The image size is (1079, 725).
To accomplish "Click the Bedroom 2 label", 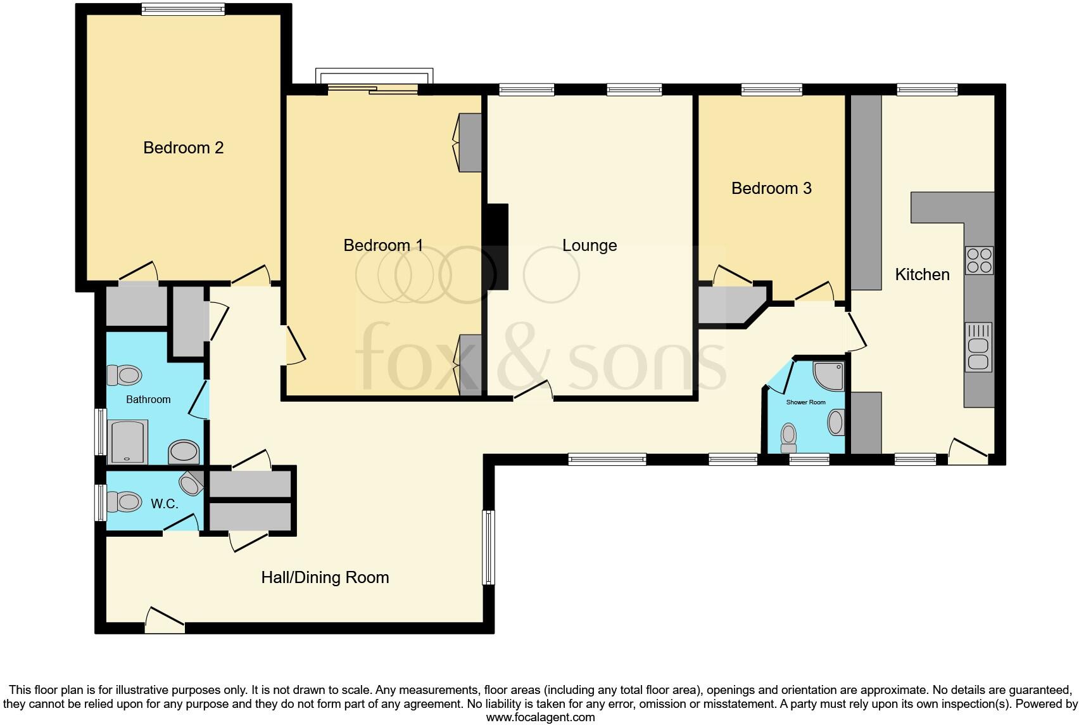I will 183,148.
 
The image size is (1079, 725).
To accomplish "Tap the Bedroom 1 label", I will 383,245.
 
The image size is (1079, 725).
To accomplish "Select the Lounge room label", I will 590,245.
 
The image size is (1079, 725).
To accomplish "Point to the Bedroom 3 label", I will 771,188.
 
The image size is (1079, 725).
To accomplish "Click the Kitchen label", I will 922,274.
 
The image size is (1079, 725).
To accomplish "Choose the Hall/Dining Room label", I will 325,577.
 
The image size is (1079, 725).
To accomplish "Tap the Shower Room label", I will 805,402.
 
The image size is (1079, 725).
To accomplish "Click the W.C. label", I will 164,504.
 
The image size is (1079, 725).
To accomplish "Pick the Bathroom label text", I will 148,399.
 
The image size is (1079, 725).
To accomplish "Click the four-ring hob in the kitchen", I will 979,260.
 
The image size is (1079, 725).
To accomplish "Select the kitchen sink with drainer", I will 978,347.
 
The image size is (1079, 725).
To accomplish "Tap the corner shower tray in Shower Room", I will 830,375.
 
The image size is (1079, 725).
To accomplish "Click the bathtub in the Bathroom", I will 129,441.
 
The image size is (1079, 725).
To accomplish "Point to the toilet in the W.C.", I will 125,502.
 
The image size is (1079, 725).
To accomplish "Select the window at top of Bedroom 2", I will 182,9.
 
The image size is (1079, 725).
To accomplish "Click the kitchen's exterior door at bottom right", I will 969,451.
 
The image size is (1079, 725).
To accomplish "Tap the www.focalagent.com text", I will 540,717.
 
